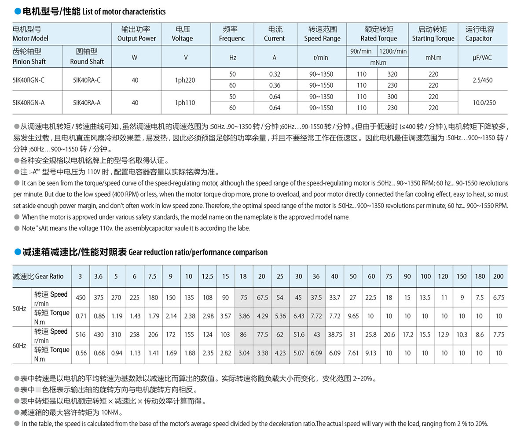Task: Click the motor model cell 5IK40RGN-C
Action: point(29,80)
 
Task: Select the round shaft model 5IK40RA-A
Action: point(87,103)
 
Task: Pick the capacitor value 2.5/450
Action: point(483,80)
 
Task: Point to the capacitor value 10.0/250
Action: point(484,103)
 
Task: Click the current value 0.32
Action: point(275,74)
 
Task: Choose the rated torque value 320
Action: point(392,74)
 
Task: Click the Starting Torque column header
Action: point(433,34)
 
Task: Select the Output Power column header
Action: point(136,34)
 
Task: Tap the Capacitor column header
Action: point(479,34)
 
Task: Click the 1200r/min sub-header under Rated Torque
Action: point(393,51)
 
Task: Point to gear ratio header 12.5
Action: point(207,277)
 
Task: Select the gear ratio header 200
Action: point(498,277)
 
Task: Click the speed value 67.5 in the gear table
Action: point(262,298)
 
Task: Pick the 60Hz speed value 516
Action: point(81,335)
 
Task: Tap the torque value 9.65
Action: point(353,316)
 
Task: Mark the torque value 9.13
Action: point(371,353)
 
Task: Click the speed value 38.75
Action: point(335,335)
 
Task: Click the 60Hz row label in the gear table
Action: point(19,346)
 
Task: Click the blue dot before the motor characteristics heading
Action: point(18,11)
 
